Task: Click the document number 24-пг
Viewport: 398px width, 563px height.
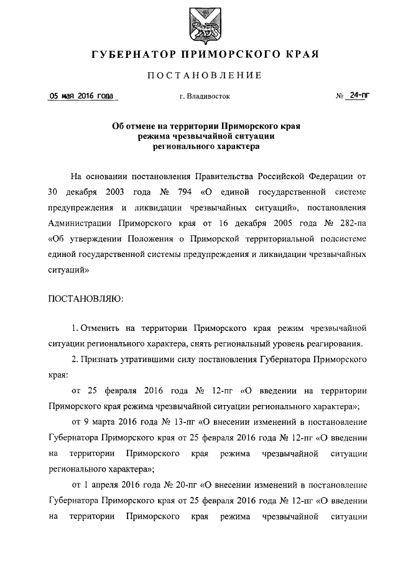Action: pyautogui.click(x=358, y=96)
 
